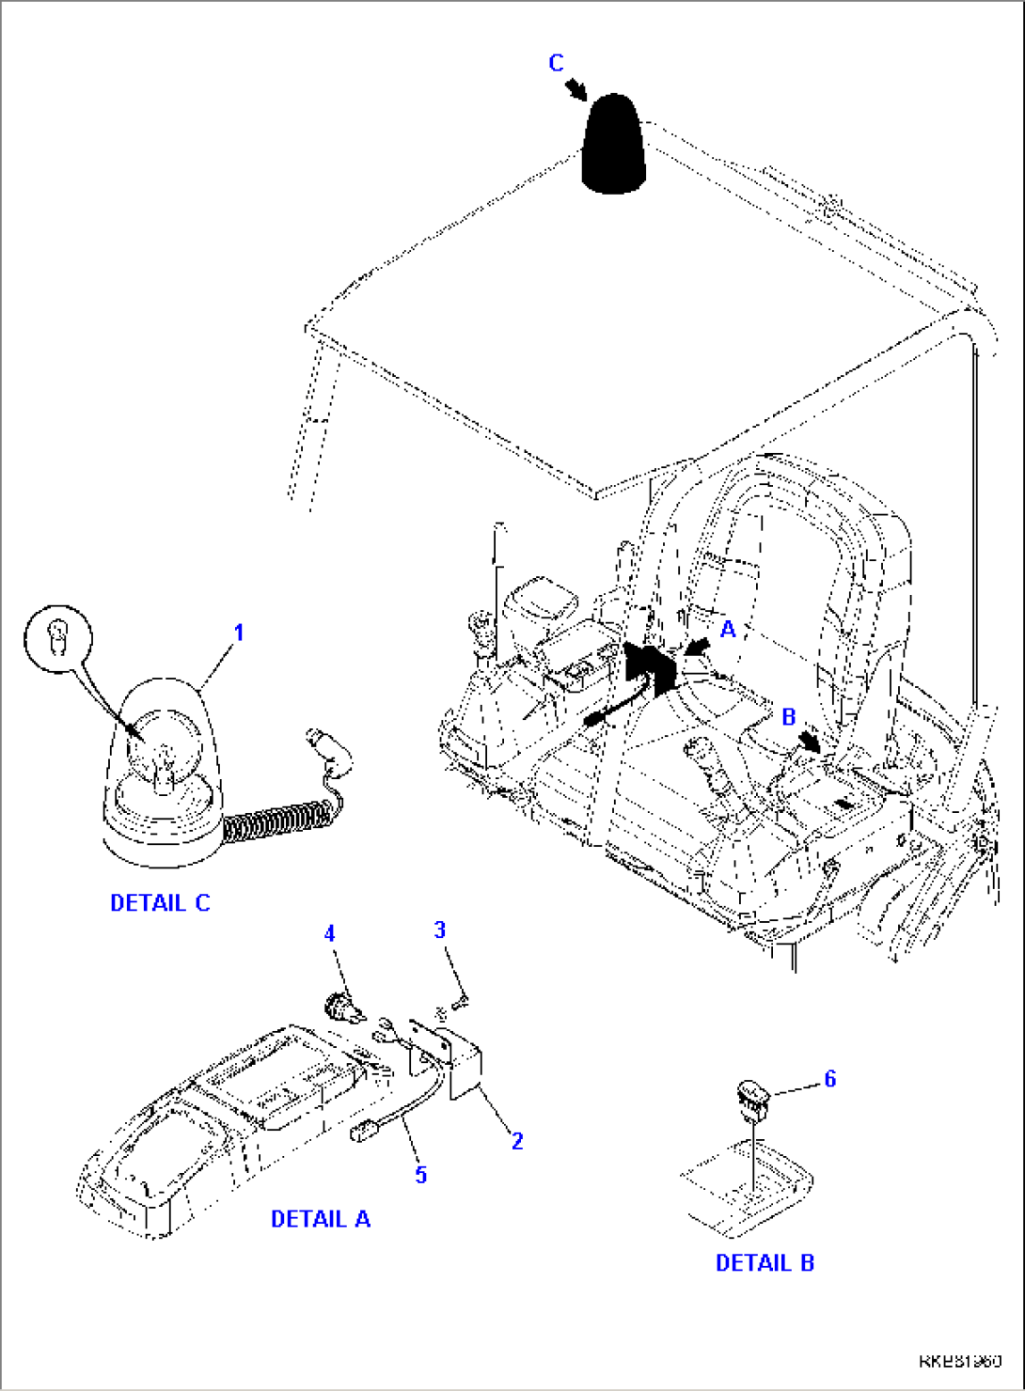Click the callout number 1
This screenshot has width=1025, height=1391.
coord(239,633)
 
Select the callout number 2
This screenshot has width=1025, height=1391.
coord(517,1141)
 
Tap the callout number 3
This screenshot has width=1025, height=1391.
coord(439,930)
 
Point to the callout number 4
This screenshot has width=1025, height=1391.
coord(329,933)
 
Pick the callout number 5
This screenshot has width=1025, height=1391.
coord(421,1174)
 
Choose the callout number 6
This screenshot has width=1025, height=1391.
coord(829,1079)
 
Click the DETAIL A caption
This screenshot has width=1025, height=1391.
coord(321,1219)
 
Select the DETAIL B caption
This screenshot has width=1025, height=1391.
coord(765,1263)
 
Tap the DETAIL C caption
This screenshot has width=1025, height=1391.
coord(160,903)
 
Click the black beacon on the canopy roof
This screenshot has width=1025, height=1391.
coord(614,146)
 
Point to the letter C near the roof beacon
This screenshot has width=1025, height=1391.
coord(556,63)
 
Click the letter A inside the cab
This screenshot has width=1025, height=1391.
coord(727,630)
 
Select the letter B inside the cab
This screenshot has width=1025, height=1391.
coord(788,717)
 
